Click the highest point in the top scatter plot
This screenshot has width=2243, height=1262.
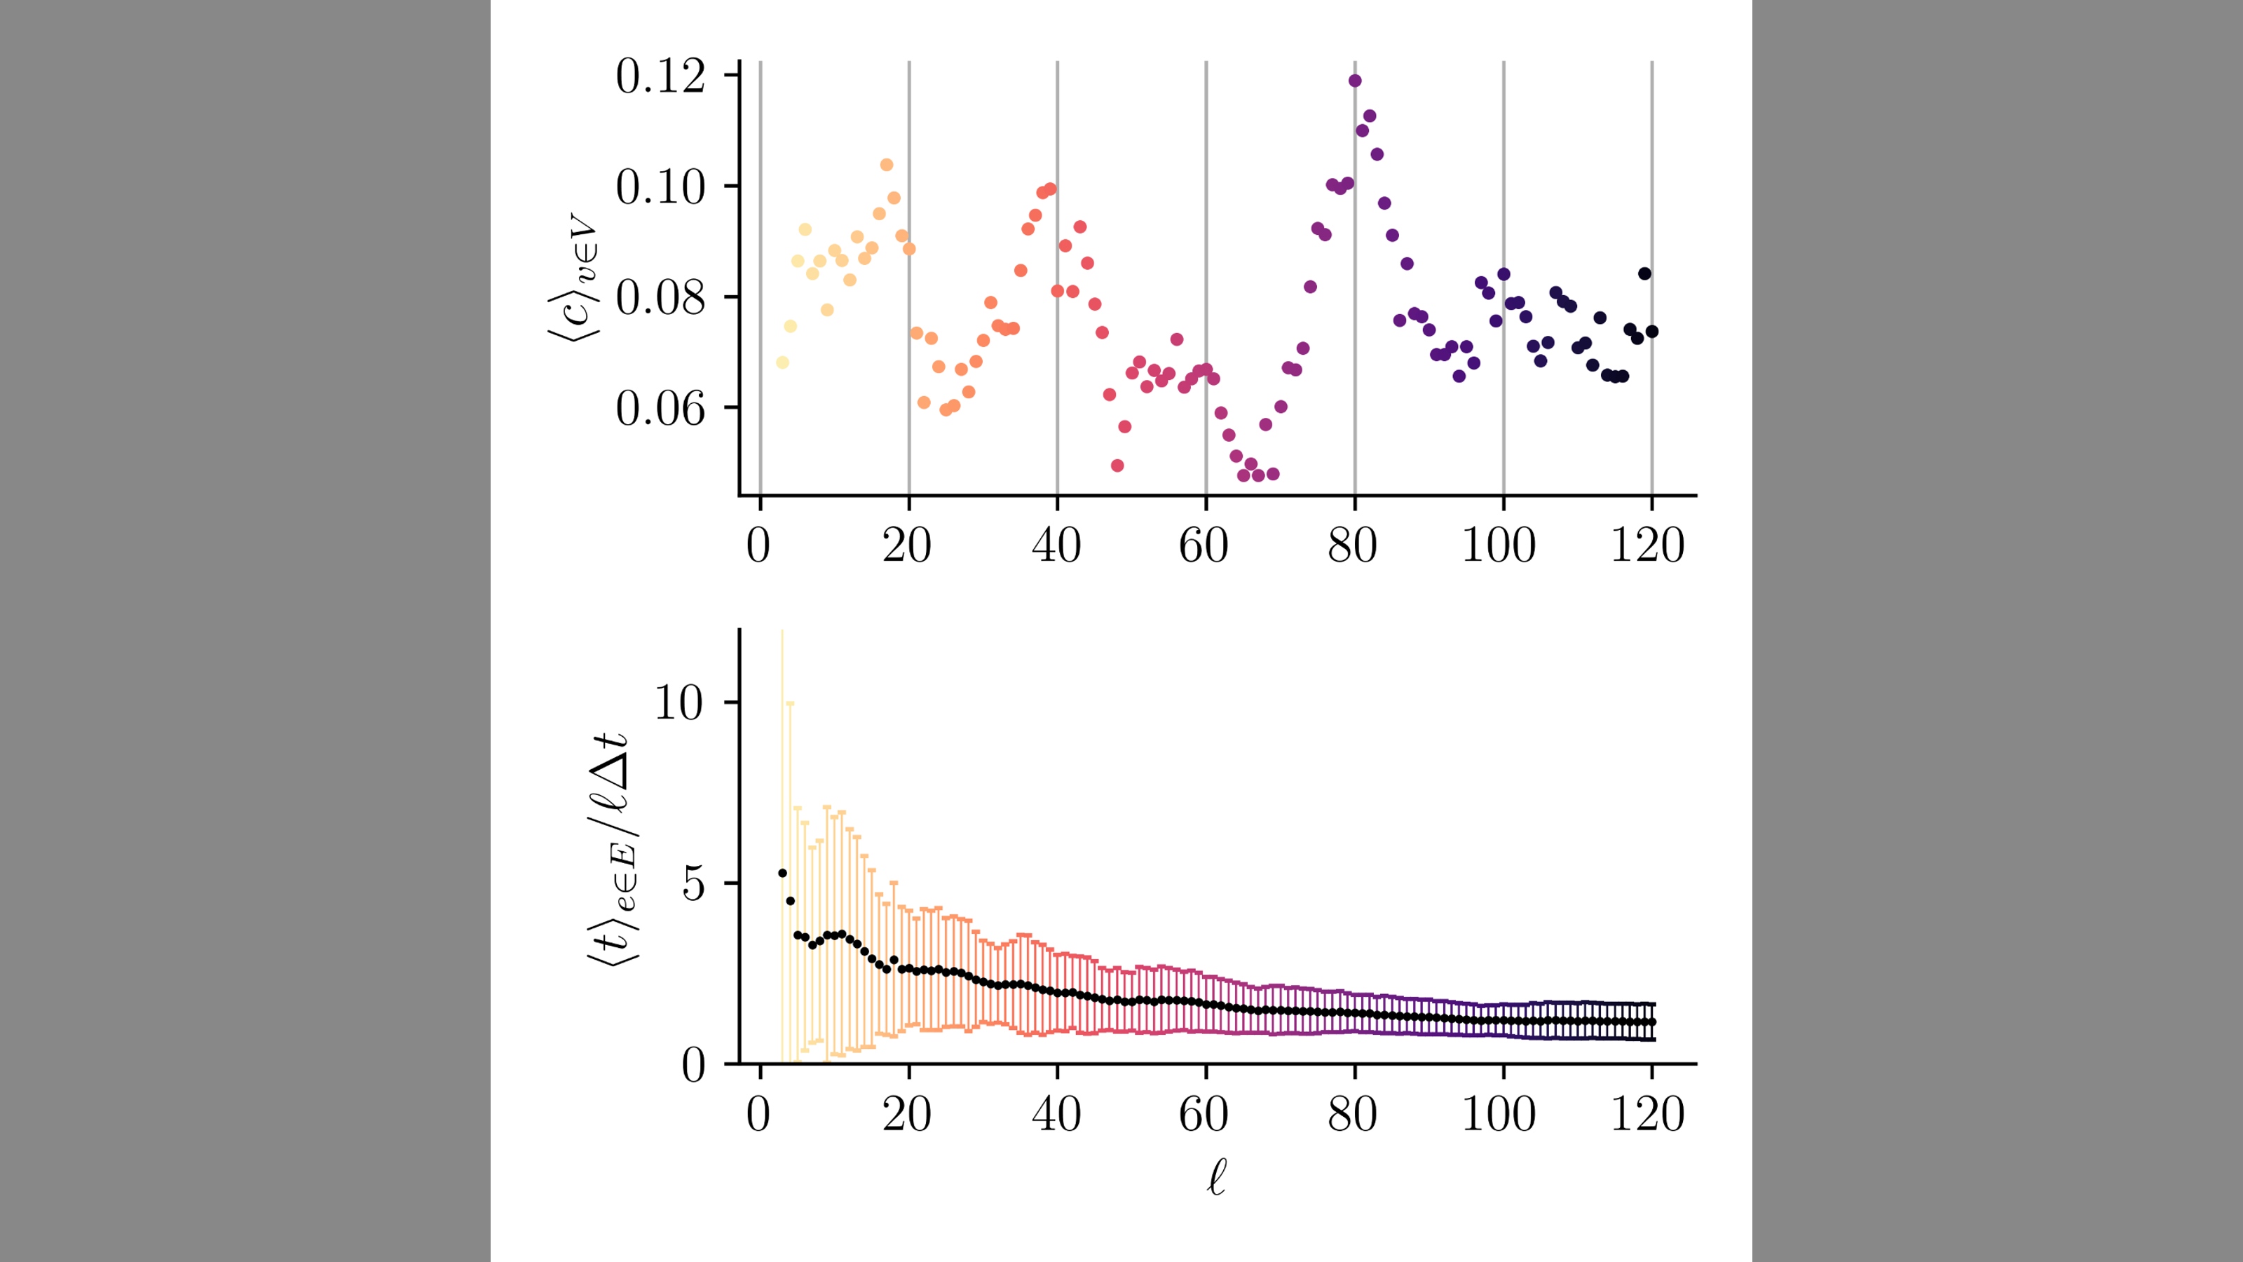[x=1354, y=81]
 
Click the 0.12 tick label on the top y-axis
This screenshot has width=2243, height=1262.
[x=660, y=76]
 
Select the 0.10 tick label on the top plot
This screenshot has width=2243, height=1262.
[x=660, y=187]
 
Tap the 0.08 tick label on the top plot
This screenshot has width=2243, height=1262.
[x=660, y=298]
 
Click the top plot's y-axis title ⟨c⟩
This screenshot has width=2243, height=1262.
[x=574, y=279]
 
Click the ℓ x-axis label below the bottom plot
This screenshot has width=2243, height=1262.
[x=1216, y=1178]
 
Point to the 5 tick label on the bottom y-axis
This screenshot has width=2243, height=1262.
[x=693, y=884]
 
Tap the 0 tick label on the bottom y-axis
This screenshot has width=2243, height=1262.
[x=693, y=1065]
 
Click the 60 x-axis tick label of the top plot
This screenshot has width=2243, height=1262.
[x=1204, y=546]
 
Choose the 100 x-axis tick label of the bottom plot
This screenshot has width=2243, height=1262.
[x=1499, y=1115]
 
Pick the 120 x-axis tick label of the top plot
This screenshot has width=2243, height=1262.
[x=1647, y=546]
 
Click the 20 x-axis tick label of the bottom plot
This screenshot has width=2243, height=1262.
[x=906, y=1115]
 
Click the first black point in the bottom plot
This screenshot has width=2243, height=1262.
[x=782, y=873]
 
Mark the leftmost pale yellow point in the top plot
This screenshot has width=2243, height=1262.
[x=782, y=362]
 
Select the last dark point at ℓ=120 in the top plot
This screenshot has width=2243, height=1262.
[x=1652, y=331]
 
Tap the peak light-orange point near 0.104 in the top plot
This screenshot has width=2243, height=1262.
[x=887, y=165]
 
